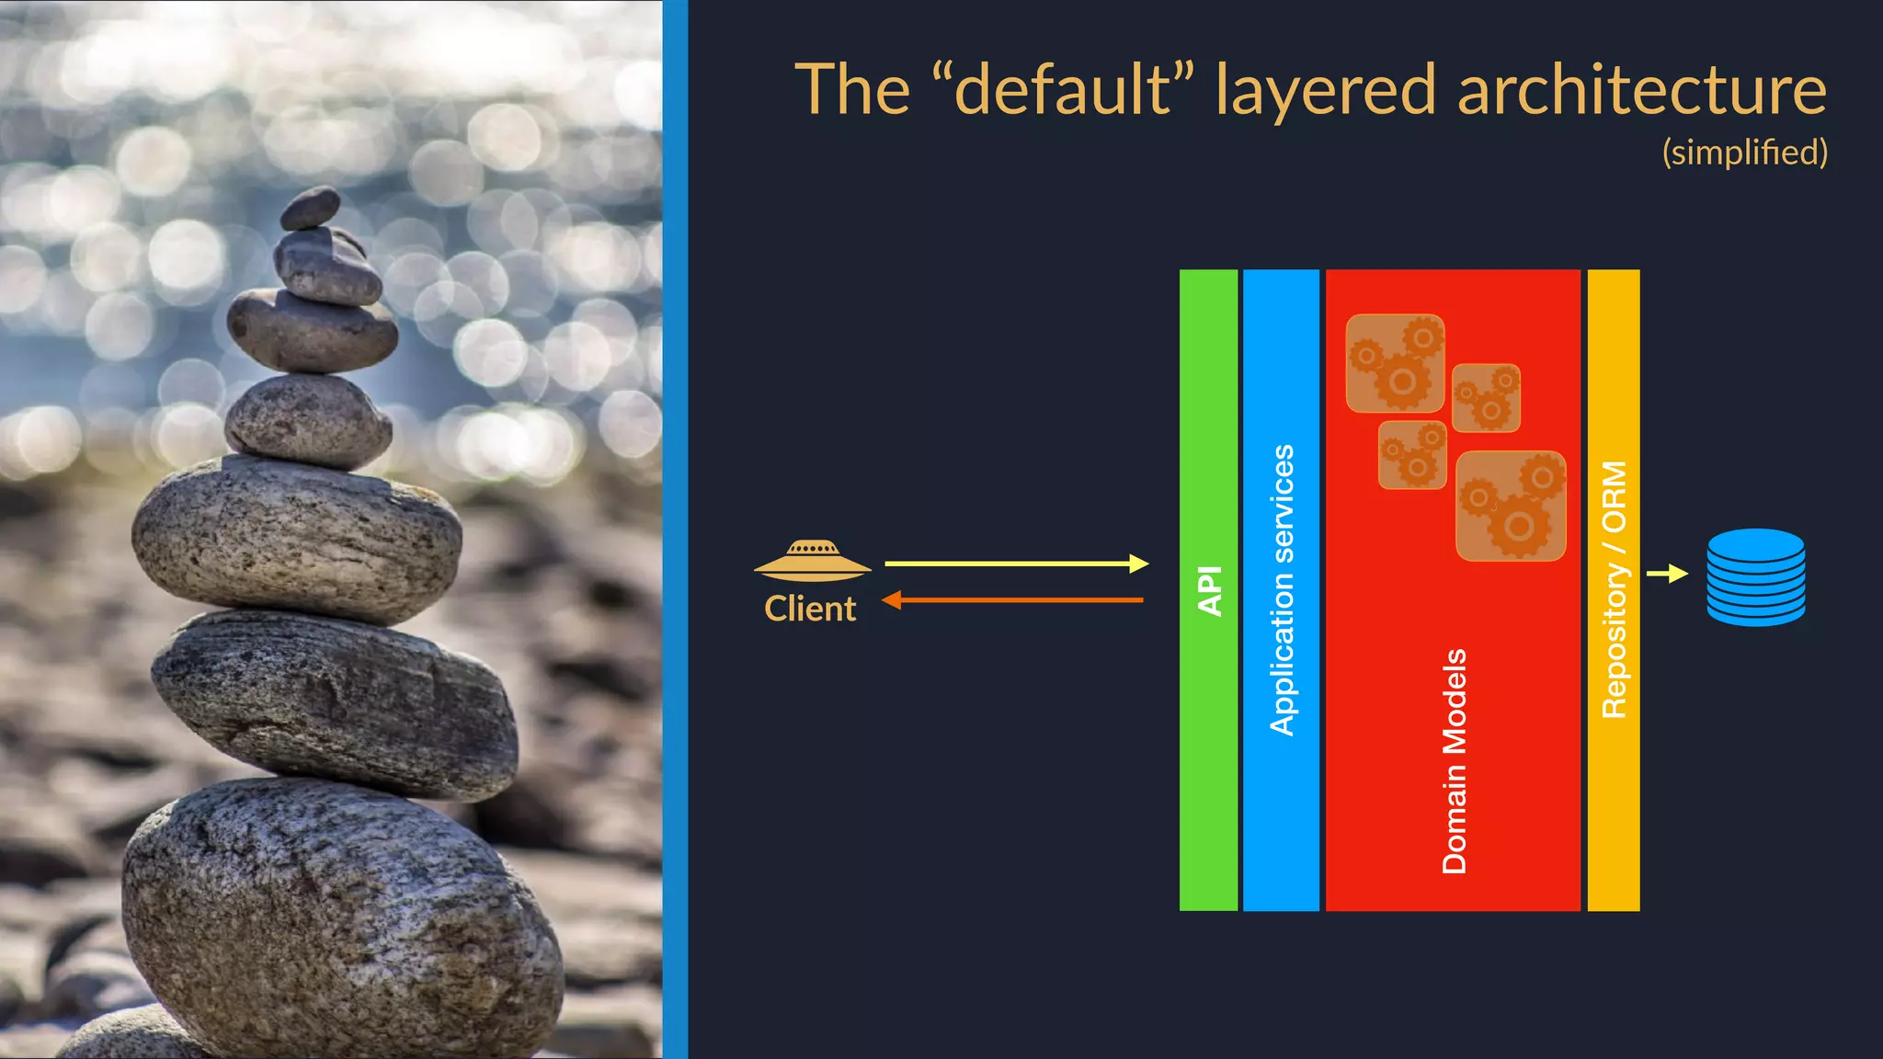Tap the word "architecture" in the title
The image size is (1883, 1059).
(1641, 90)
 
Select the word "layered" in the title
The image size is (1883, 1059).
(1325, 90)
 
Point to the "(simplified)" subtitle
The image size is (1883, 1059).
(1744, 153)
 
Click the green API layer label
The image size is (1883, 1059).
(1209, 590)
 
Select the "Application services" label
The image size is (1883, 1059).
(1282, 590)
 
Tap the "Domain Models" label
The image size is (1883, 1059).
(1454, 760)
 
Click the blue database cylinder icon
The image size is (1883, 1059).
(1755, 577)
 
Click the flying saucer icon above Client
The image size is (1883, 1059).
(812, 561)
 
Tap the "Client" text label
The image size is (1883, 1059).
(810, 609)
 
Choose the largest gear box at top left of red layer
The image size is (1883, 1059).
(1395, 363)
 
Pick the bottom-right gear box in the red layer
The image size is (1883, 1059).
(1511, 505)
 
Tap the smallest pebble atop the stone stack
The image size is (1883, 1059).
(311, 208)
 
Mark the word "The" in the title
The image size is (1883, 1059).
(852, 90)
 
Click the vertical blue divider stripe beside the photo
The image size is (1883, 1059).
(675, 529)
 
